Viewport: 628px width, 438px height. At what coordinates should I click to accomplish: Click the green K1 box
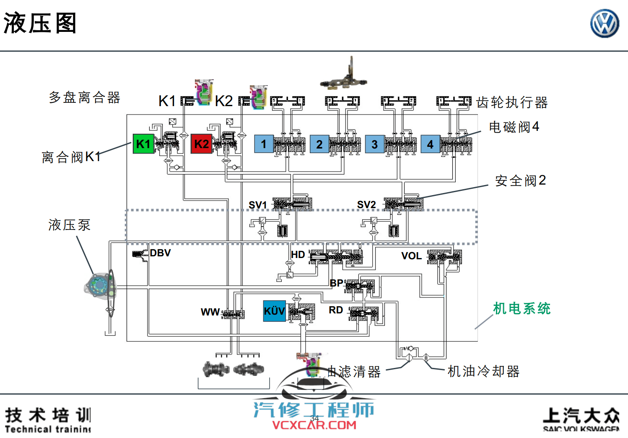143,144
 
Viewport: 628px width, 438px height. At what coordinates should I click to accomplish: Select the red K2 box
201,144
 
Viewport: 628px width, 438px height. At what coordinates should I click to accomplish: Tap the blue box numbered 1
264,144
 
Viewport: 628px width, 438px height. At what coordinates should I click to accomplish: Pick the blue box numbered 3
375,144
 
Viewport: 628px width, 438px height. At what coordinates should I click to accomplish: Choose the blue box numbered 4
430,144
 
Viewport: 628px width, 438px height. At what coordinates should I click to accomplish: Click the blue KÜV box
274,311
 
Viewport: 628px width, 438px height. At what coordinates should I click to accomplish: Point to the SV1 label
257,205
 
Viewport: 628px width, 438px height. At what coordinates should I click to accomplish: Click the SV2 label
366,204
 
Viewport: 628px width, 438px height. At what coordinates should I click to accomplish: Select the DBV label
160,253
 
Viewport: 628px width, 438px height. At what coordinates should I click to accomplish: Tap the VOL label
411,256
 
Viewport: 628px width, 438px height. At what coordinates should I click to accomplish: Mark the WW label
210,312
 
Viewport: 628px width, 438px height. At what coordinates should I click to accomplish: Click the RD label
335,310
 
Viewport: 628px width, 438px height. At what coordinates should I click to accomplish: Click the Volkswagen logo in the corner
605,23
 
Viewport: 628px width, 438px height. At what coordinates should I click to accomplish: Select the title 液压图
40,23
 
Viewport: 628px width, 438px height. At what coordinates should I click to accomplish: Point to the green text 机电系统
522,308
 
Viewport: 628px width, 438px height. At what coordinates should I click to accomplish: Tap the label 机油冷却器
483,371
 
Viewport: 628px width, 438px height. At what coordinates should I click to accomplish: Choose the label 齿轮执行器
512,102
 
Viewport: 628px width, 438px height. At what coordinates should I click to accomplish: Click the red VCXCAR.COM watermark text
314,425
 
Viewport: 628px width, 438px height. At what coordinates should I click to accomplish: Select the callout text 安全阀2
520,181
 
